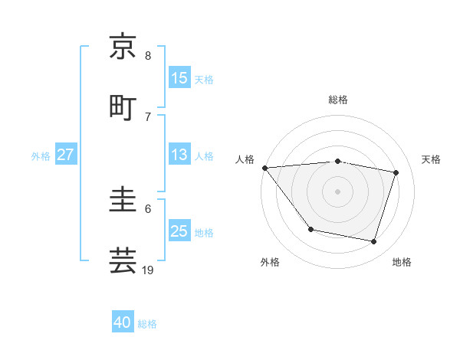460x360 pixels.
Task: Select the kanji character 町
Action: (x=123, y=106)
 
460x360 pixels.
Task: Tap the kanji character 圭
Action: (x=123, y=200)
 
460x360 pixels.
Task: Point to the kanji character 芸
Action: (x=123, y=260)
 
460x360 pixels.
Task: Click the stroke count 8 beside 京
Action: (x=148, y=56)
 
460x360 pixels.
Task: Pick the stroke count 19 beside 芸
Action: (x=149, y=270)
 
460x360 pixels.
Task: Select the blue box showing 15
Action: (x=179, y=78)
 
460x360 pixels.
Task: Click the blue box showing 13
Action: (x=179, y=155)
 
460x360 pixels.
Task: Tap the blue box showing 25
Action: (x=179, y=231)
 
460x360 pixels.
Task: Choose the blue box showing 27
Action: (x=66, y=155)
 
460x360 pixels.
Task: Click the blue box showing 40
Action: (x=123, y=322)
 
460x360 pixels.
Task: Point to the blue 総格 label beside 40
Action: (x=147, y=324)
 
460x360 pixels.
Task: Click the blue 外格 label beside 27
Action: (x=41, y=156)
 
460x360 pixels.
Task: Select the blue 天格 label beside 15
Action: (x=203, y=80)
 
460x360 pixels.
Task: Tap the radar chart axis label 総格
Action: (x=337, y=100)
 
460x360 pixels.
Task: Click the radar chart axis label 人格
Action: (x=245, y=159)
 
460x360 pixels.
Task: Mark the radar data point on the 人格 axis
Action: (x=264, y=168)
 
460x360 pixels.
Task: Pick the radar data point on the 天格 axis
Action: (x=396, y=172)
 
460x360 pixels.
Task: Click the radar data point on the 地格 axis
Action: (x=373, y=241)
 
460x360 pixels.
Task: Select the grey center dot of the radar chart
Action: (x=337, y=191)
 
